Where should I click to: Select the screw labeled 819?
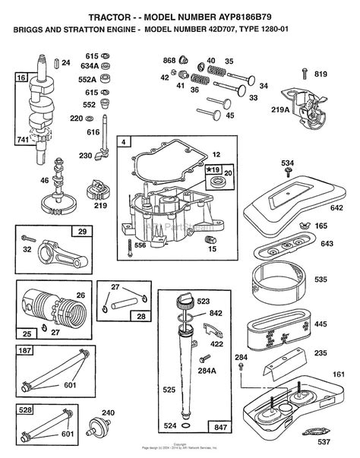[x=305, y=74]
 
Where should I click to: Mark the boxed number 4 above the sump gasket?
[x=123, y=141]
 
